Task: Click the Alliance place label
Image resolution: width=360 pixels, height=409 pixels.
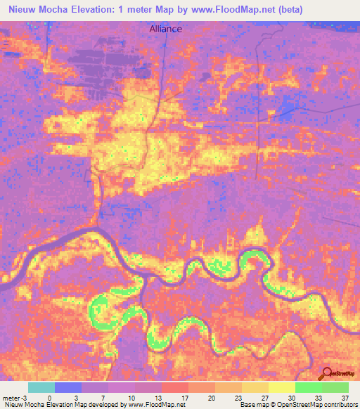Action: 165,29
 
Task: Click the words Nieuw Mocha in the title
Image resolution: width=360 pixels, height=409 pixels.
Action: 35,9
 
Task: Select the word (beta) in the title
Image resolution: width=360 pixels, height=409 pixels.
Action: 290,9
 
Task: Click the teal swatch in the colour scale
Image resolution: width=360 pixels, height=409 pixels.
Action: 41,387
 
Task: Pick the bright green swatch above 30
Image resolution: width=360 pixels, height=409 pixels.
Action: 308,387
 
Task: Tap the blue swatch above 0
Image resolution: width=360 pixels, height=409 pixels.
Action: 68,387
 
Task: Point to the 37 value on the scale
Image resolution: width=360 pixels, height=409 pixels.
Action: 344,397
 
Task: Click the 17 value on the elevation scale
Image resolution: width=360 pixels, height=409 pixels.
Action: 184,397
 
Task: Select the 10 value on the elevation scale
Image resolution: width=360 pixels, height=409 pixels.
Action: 130,397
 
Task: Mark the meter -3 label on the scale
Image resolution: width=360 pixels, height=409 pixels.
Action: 15,397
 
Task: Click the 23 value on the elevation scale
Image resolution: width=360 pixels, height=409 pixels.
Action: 237,397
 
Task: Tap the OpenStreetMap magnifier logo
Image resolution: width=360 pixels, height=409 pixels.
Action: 328,373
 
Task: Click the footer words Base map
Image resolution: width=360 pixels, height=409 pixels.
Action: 252,405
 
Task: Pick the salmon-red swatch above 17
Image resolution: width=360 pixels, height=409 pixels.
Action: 175,387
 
